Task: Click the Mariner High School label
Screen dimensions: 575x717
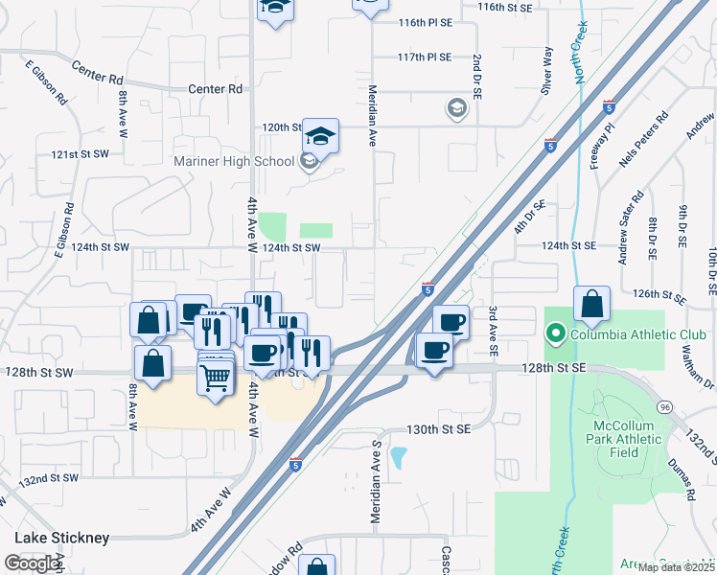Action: tap(234, 161)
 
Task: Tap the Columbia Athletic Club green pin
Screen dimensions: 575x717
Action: tap(554, 334)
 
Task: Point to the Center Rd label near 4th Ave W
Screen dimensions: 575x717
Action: tap(216, 89)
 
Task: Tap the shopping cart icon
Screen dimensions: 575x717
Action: tap(215, 378)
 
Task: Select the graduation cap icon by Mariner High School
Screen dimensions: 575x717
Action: tap(321, 135)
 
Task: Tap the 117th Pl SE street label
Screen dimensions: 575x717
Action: tap(425, 57)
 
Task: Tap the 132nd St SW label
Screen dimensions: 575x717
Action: tap(49, 478)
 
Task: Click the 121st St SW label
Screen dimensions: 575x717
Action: tap(81, 153)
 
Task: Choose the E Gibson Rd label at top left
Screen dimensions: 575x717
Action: tap(46, 82)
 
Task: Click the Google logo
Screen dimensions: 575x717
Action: tap(32, 563)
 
